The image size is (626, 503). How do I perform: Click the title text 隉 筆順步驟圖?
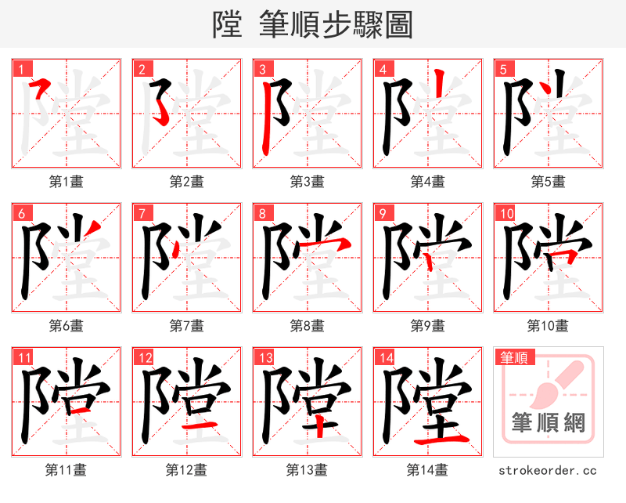coord(312,24)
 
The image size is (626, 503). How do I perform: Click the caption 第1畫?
coord(66,181)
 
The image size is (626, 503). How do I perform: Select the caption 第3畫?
coord(307,181)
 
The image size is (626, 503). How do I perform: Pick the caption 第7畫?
coord(186,325)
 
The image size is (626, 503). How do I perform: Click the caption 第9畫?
coord(427,325)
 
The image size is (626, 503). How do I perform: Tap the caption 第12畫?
coord(186,469)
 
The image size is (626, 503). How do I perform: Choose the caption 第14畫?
coord(427,469)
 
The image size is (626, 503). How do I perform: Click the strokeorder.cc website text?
coord(548,470)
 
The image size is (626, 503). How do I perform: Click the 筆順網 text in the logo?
coord(548,422)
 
